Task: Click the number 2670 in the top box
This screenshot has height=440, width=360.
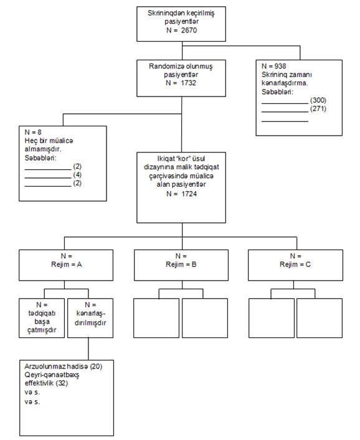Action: (x=189, y=30)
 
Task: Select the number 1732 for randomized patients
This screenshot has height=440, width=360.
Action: (x=188, y=83)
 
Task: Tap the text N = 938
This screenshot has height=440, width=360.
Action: (x=274, y=66)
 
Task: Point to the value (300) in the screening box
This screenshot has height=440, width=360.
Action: (x=318, y=100)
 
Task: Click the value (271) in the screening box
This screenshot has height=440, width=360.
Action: (x=318, y=108)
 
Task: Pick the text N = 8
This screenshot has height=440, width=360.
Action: (x=33, y=132)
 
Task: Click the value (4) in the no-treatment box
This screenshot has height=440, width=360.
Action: (x=77, y=175)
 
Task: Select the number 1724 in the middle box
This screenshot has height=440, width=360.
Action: (x=189, y=194)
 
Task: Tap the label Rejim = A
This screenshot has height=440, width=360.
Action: (x=67, y=264)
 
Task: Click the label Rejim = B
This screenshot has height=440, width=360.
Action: (x=181, y=264)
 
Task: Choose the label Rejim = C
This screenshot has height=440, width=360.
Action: (x=295, y=264)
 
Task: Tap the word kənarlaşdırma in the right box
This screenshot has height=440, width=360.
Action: (x=284, y=83)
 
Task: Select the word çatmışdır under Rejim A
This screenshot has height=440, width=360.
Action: (x=42, y=330)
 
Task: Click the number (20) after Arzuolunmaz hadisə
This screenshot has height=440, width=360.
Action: (x=96, y=366)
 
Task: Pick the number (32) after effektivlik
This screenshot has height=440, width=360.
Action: (x=62, y=383)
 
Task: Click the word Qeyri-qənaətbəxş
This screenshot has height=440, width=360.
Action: (x=52, y=375)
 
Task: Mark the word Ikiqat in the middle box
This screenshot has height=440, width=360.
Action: (x=165, y=159)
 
